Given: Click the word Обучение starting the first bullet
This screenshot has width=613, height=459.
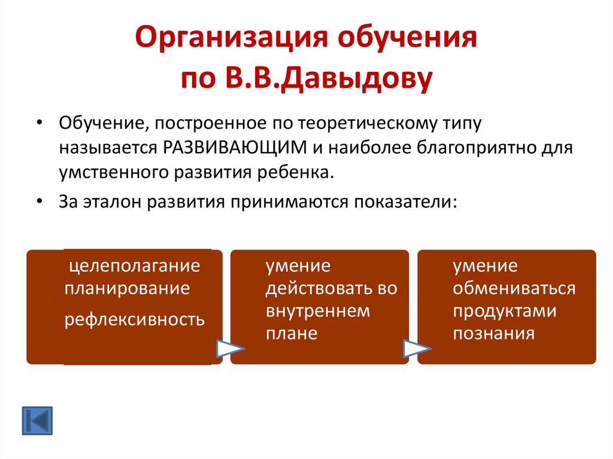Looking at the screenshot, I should [x=96, y=124].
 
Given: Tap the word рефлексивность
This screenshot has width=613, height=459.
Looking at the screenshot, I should [x=135, y=319].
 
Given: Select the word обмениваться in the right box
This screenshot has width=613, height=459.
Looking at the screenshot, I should [x=514, y=289].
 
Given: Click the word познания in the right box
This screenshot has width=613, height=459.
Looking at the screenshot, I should [x=493, y=334].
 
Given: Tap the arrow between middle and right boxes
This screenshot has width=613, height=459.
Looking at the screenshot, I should [x=417, y=348].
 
